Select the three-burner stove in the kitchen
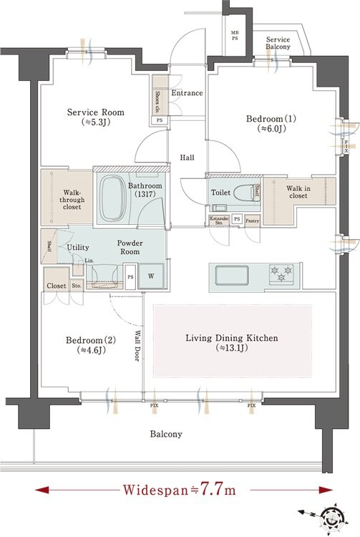point(279,273)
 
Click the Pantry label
point(252,221)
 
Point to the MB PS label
point(235,37)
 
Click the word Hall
point(188,158)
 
